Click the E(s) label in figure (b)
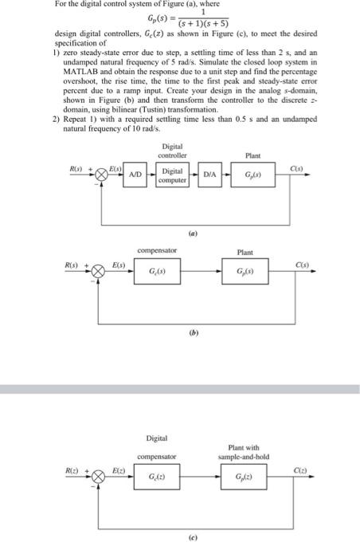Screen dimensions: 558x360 118,265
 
